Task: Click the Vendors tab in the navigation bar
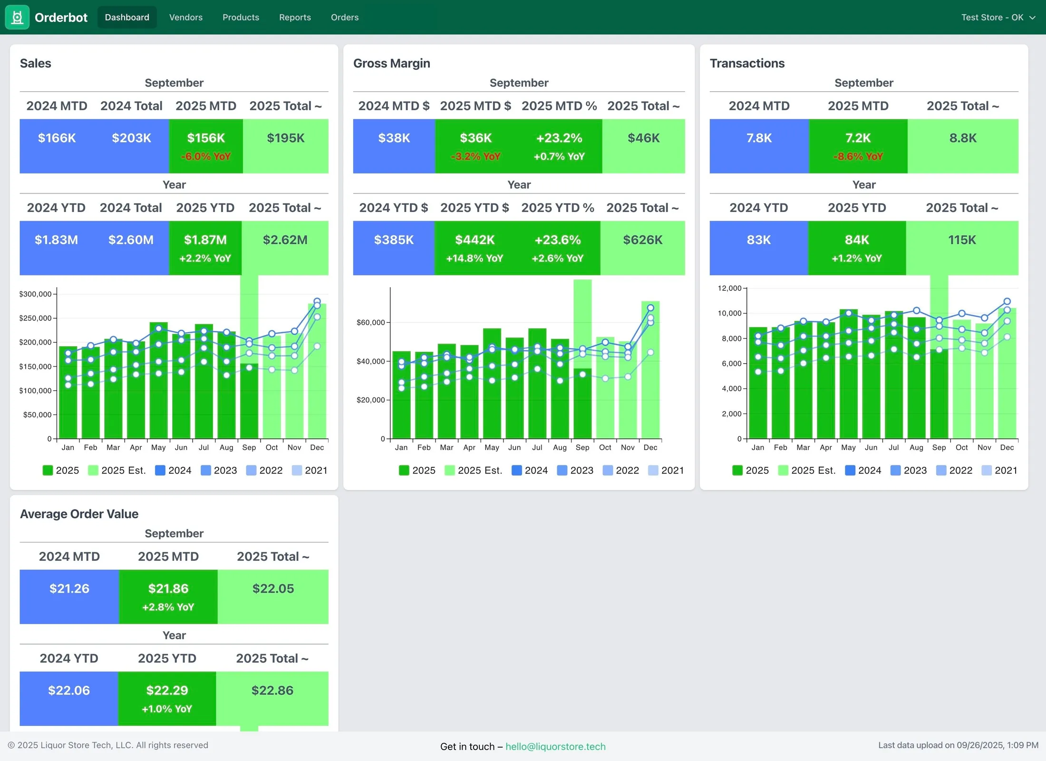tap(186, 18)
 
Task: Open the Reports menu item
tap(295, 18)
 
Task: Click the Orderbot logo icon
tap(17, 17)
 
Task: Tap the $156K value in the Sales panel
tap(206, 138)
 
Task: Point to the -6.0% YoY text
tap(206, 156)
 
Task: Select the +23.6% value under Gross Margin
tap(558, 240)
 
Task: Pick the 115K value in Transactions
tap(962, 240)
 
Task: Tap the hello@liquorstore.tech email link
tap(555, 746)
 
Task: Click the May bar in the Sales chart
tap(158, 380)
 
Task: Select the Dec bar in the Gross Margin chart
tap(650, 370)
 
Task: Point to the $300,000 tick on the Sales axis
tap(35, 294)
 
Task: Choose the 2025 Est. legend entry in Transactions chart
tap(807, 471)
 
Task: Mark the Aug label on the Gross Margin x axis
tap(560, 448)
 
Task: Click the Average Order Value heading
tap(79, 514)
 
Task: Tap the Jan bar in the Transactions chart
tap(758, 383)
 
